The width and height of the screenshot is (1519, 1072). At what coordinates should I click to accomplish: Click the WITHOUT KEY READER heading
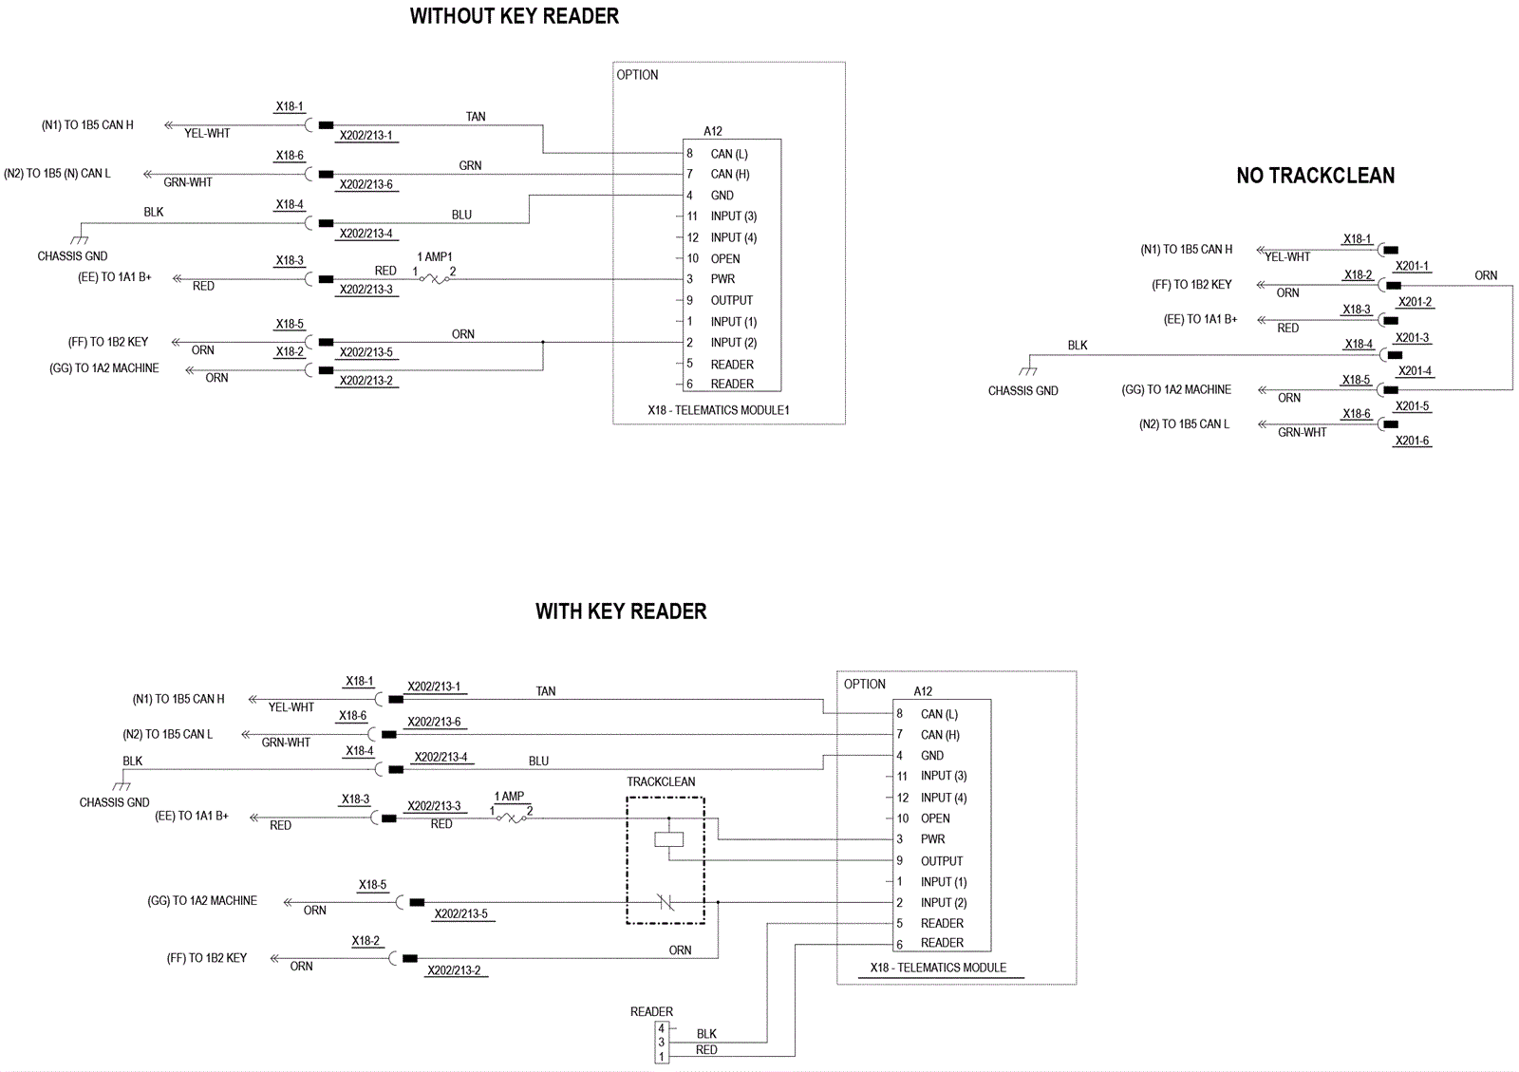click(514, 16)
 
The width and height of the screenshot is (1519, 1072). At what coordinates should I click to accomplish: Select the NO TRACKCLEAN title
click(1316, 176)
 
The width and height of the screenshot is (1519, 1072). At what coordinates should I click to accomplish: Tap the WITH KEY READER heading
click(621, 611)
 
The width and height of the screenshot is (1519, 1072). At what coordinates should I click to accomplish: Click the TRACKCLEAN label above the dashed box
click(661, 781)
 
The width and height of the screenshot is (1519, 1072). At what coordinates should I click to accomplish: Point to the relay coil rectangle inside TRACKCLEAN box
click(668, 839)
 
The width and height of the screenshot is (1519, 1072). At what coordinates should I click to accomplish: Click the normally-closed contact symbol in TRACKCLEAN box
click(666, 902)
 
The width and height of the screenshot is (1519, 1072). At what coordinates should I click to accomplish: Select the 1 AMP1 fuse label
click(435, 257)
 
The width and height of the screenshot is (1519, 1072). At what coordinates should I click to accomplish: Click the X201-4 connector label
click(1414, 371)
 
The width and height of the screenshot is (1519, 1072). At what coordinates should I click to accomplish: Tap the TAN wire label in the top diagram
click(476, 117)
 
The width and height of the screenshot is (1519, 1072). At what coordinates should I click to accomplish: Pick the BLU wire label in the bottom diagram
click(538, 761)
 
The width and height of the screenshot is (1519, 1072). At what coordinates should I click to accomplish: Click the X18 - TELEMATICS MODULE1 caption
click(718, 410)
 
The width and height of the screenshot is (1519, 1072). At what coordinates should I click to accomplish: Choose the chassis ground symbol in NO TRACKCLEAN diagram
click(1028, 370)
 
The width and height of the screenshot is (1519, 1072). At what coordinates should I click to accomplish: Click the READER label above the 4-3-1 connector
click(651, 1011)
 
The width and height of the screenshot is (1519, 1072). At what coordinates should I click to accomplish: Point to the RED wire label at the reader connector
click(706, 1049)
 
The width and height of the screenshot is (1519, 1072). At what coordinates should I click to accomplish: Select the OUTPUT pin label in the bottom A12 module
click(941, 861)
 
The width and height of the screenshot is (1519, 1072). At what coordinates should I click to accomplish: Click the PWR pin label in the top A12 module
click(722, 278)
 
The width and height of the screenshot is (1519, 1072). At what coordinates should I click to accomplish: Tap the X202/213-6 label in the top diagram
click(366, 184)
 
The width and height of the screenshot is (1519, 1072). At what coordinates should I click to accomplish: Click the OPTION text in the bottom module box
click(865, 685)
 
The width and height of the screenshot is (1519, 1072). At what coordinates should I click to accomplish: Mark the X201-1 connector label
click(1412, 267)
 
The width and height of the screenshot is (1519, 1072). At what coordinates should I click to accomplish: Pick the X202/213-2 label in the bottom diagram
click(454, 971)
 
